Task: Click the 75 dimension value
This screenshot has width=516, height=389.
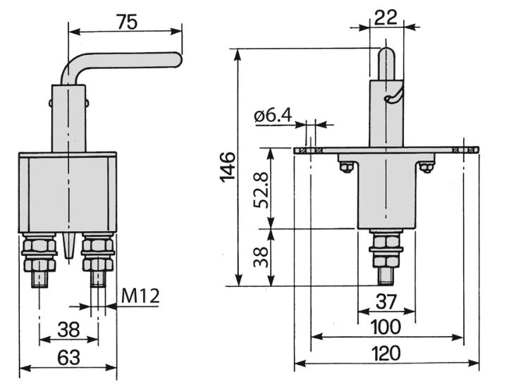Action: (x=127, y=23)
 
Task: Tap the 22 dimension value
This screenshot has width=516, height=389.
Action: (x=386, y=18)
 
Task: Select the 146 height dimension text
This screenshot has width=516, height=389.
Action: (x=228, y=166)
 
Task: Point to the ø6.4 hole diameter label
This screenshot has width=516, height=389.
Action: (x=273, y=116)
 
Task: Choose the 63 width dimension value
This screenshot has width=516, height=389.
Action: (x=68, y=357)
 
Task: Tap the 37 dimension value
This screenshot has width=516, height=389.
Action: (x=386, y=302)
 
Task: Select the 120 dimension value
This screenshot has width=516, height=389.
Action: (x=386, y=354)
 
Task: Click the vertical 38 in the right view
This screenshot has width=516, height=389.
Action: (x=262, y=257)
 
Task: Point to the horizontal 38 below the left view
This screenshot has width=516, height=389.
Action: (x=68, y=329)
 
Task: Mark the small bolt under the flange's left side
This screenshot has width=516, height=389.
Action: (x=346, y=167)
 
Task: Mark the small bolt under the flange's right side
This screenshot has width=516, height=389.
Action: (x=426, y=167)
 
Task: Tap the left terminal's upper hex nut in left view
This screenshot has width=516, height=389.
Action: (x=39, y=245)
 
